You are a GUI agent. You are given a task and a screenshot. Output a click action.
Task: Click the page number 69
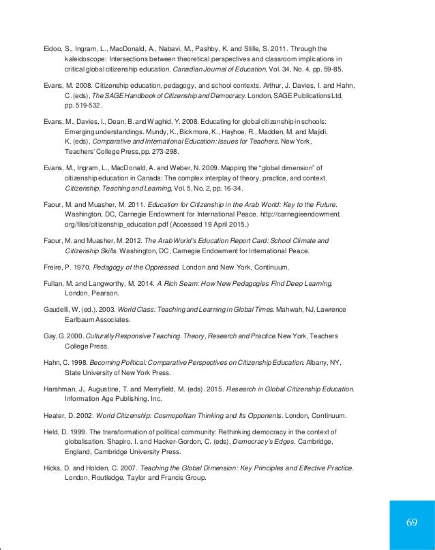[411, 522]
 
